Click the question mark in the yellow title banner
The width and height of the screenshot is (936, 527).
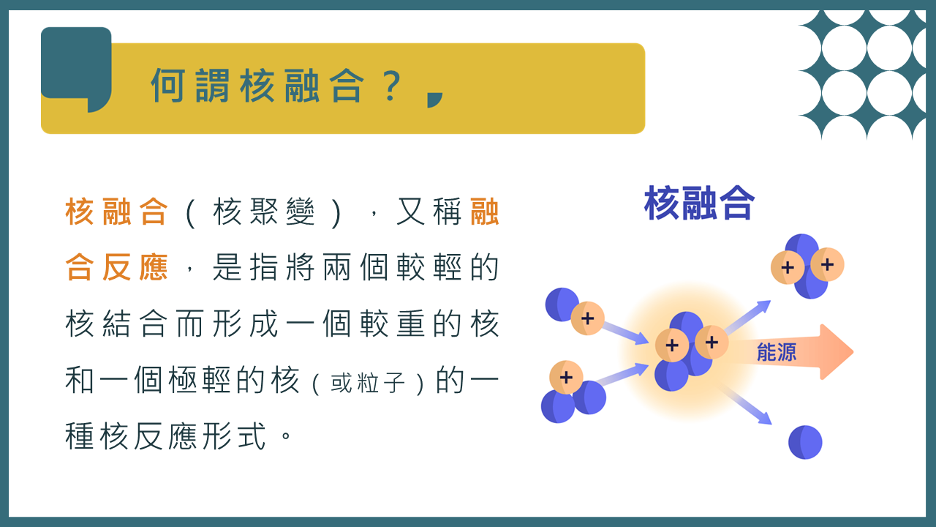[392, 86]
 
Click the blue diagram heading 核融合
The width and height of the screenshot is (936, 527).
[699, 203]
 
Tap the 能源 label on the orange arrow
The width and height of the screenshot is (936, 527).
[777, 352]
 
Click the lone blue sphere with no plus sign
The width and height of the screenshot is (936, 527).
[805, 442]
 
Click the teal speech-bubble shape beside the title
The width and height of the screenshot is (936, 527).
[76, 67]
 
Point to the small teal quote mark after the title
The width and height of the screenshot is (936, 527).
[434, 100]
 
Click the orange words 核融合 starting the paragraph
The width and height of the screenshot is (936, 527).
[116, 212]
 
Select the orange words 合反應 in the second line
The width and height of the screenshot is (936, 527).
[116, 267]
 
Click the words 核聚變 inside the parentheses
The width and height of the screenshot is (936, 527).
[264, 212]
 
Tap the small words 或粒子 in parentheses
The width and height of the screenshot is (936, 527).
[368, 382]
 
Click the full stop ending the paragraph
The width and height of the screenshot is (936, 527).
[286, 435]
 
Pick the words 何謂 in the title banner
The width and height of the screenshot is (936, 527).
[190, 86]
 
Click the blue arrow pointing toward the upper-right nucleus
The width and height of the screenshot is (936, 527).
[747, 317]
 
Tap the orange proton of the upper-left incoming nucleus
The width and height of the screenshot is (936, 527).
[587, 318]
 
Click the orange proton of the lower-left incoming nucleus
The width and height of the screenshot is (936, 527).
[566, 377]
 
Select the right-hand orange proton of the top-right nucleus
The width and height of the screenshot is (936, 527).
[827, 264]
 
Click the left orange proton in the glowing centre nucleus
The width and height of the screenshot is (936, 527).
[672, 345]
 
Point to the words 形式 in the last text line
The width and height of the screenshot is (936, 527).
[235, 436]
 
